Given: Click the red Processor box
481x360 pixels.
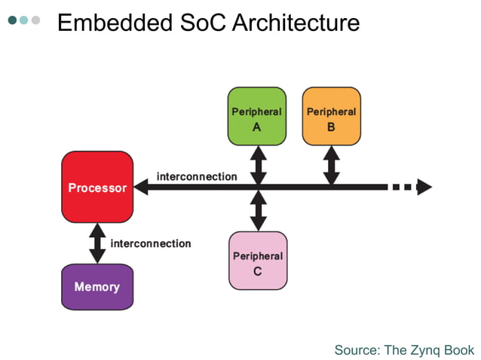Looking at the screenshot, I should (x=97, y=187).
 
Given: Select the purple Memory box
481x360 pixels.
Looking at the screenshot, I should (x=97, y=287).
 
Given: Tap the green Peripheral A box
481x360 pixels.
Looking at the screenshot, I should (x=256, y=116).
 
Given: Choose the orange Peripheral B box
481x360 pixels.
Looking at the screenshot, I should (x=331, y=116).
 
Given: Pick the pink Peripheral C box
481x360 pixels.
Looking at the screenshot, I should (x=257, y=261).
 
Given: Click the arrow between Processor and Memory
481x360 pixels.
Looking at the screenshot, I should (x=97, y=243).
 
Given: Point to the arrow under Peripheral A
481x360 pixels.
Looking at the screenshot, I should (x=258, y=163).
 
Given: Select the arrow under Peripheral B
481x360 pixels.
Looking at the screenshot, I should (x=331, y=163).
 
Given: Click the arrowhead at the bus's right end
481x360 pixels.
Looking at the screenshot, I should (x=424, y=187).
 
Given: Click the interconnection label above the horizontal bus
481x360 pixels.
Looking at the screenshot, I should (x=197, y=176).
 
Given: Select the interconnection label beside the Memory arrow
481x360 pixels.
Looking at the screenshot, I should (x=151, y=243).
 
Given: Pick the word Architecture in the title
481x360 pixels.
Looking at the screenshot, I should (x=296, y=23).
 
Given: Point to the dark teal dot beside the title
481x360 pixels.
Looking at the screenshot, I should (x=13, y=20).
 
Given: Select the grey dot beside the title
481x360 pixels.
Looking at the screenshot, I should (x=35, y=20).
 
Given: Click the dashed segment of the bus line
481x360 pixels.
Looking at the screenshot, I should (x=403, y=187).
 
